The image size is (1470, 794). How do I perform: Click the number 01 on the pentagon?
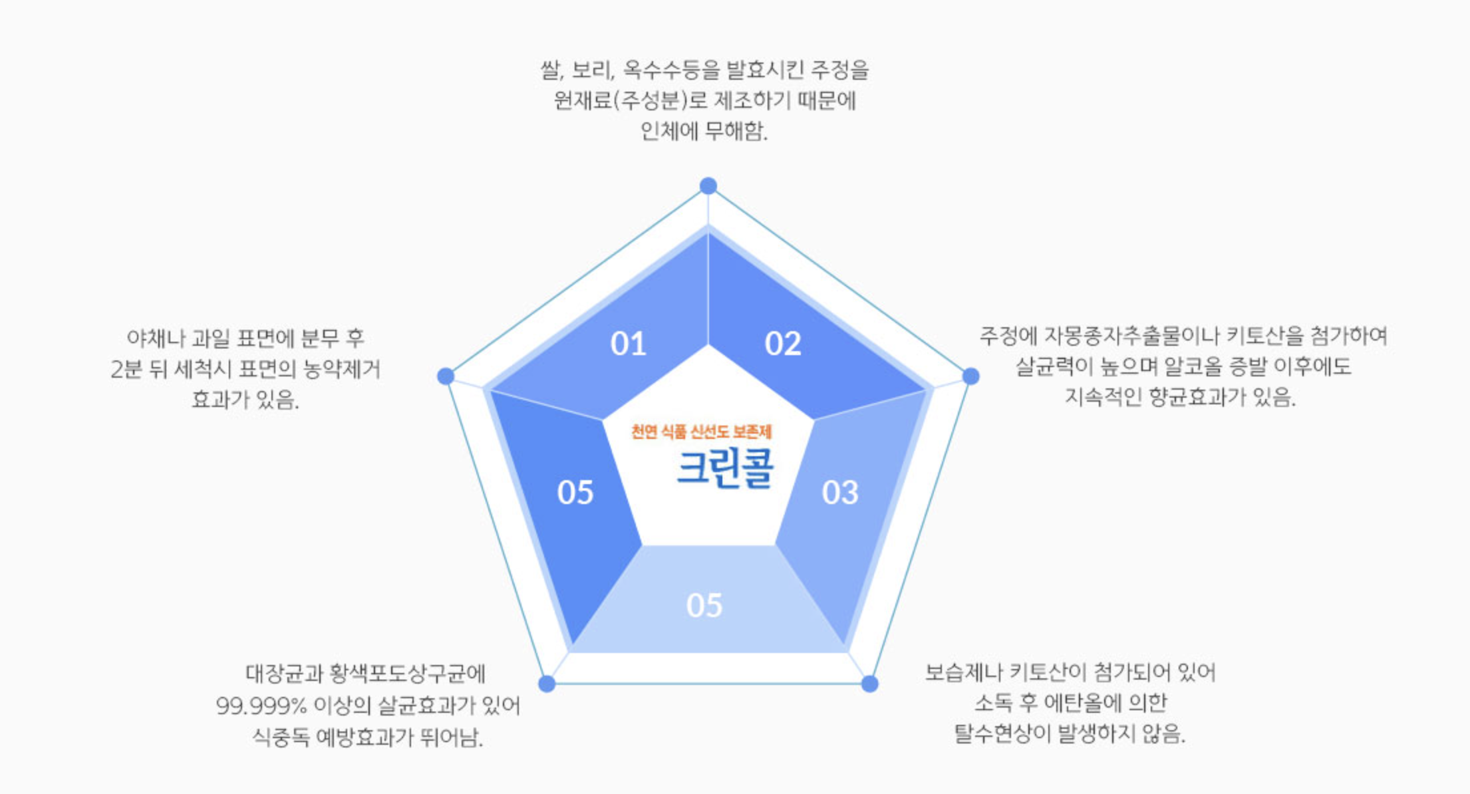[628, 344]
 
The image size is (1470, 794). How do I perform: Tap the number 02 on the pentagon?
[783, 344]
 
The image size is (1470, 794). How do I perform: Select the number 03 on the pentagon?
[840, 493]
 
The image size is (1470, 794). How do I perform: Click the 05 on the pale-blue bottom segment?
[704, 606]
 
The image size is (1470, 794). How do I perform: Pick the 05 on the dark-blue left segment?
[575, 493]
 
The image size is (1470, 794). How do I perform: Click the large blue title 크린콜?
[725, 468]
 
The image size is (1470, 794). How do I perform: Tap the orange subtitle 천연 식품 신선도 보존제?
[701, 432]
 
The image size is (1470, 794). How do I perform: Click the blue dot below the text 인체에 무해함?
[708, 186]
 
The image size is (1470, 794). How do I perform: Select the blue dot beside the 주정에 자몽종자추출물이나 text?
[971, 376]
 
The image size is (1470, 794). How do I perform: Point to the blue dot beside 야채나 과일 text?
[446, 376]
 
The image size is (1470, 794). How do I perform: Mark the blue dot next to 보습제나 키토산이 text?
[869, 684]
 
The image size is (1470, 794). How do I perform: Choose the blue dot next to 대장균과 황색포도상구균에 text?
[547, 684]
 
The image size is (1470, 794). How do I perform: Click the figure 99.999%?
[261, 706]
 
